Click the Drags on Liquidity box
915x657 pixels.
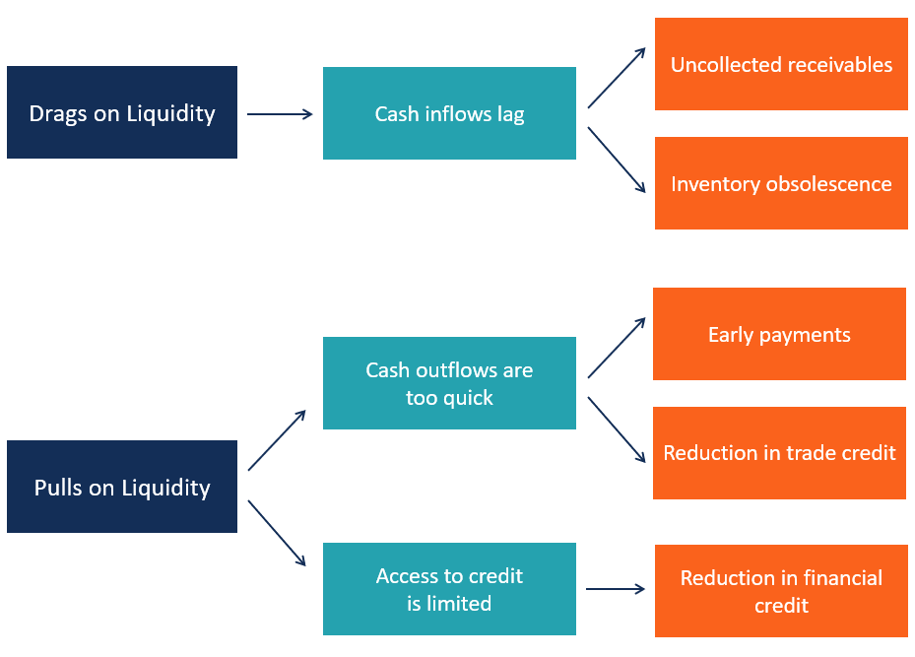(121, 112)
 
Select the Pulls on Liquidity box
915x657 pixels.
(121, 487)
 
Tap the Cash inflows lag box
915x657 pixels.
(449, 113)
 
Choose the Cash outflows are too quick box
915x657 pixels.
(449, 383)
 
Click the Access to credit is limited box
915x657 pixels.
(449, 589)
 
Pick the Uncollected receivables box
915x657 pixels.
(781, 64)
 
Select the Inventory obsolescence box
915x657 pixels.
(781, 183)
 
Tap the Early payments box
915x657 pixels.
(779, 334)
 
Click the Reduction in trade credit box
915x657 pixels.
(779, 453)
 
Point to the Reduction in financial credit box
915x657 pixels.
(781, 591)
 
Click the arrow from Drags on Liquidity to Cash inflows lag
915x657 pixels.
(280, 114)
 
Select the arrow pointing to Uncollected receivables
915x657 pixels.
(617, 78)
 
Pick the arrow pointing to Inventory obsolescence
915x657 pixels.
(617, 159)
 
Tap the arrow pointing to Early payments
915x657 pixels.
(617, 348)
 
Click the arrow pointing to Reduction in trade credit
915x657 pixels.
(617, 429)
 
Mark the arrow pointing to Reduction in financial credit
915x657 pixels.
(615, 589)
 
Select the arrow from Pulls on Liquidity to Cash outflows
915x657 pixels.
(277, 440)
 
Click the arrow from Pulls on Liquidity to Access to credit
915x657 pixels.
(277, 533)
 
